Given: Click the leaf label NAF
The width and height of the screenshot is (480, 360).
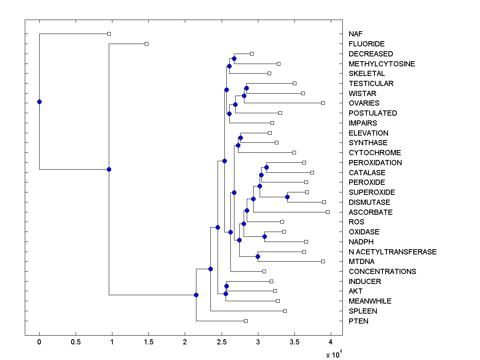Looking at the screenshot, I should coord(356,34).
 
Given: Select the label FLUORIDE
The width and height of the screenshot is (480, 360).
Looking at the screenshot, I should coord(366,44).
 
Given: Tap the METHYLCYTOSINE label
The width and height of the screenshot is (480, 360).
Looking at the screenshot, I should coord(382,64).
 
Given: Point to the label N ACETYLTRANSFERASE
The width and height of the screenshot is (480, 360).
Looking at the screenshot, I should coord(392,252).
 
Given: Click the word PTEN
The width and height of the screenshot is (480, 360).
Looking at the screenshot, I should coord(358,321).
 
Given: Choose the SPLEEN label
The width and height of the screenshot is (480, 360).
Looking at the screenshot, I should coord(363,311).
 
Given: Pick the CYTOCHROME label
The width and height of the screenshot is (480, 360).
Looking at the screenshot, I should coord(374,152).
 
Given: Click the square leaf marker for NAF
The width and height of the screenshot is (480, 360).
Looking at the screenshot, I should coord(109,34).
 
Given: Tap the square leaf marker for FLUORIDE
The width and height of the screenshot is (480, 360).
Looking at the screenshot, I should coord(146,44).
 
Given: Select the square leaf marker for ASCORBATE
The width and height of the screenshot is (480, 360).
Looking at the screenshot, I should coord(328,212).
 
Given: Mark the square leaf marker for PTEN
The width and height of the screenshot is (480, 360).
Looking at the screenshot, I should coord(246,321).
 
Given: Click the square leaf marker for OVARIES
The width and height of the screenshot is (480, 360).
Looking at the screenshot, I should coord(323,103).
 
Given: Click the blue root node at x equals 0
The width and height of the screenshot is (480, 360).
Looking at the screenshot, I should coord(39,102).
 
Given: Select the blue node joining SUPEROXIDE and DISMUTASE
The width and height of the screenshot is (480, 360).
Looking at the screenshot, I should coord(287,197).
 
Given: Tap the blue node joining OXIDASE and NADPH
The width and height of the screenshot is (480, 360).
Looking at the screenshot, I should coord(264,236).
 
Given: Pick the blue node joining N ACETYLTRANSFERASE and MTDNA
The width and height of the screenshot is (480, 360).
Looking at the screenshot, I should coord(258,256).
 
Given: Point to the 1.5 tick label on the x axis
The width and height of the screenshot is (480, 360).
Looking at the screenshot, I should coord(148,342).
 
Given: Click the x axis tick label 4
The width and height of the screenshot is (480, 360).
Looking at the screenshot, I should coord(330,342).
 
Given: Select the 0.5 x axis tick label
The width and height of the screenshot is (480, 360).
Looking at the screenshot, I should coord(76,342).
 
